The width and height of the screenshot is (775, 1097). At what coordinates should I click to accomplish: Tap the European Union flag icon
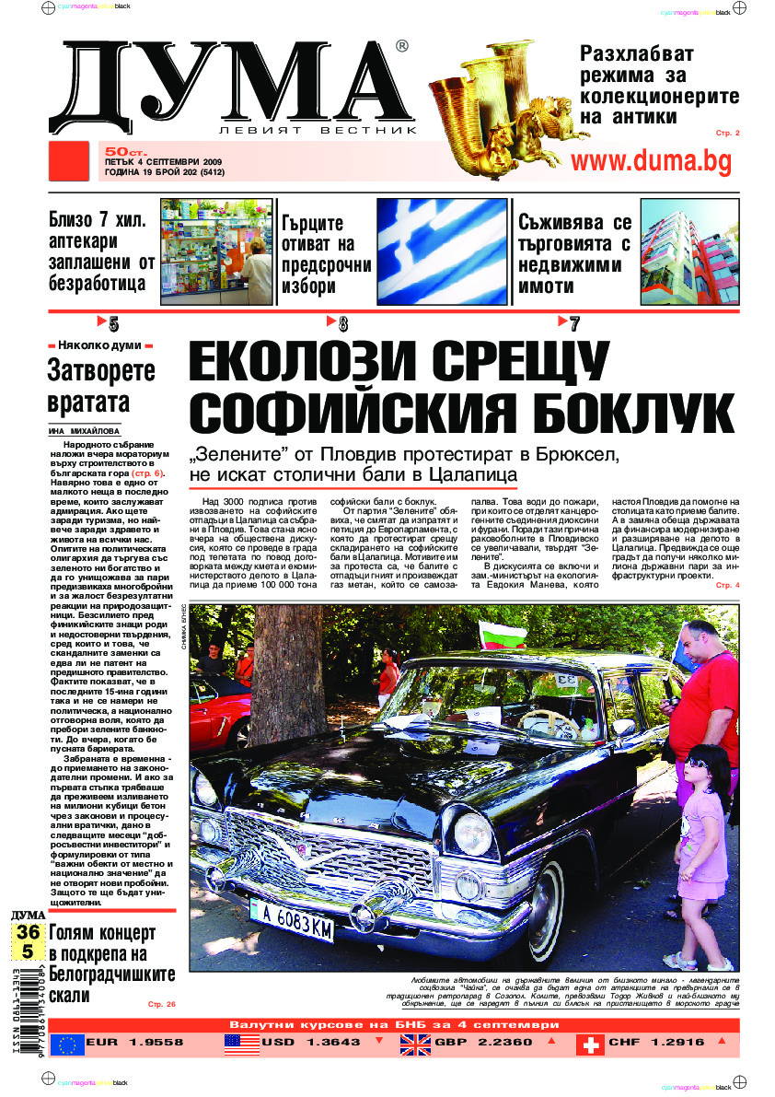coord(66,1044)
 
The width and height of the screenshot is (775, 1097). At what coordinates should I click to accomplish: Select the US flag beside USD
coord(242,1044)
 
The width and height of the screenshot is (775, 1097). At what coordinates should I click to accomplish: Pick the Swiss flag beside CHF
coord(590,1044)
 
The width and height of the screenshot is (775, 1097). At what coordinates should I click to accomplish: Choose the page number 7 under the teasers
coord(574,323)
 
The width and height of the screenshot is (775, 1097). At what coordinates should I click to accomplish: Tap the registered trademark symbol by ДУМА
coord(401,46)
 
